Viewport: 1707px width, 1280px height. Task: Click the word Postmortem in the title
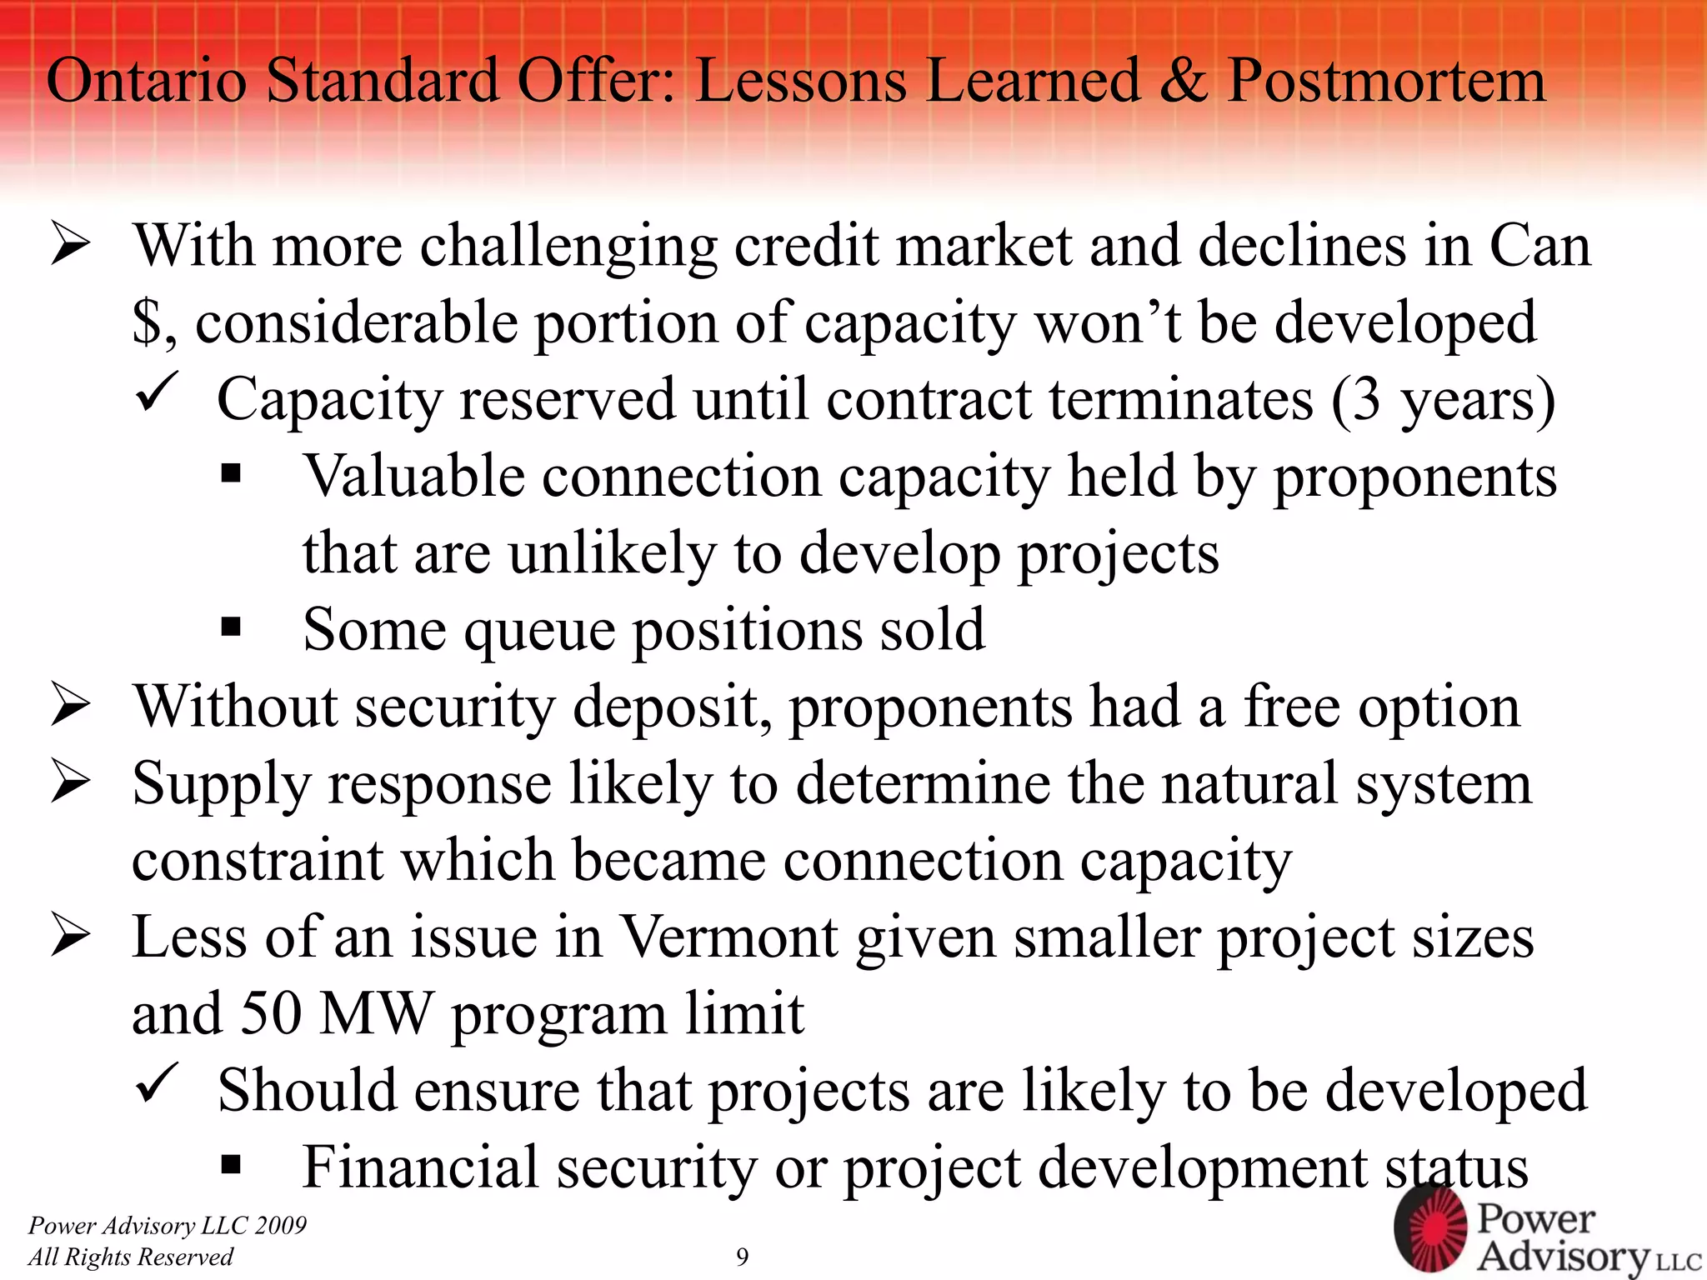[1386, 81]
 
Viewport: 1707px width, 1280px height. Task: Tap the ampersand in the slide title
[1183, 81]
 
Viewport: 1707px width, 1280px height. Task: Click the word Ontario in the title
[146, 81]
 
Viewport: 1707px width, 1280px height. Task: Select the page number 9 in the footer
[742, 1257]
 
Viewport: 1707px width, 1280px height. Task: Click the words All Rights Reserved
[130, 1257]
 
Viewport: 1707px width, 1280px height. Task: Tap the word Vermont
[729, 937]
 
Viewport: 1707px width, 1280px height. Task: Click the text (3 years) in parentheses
[1443, 400]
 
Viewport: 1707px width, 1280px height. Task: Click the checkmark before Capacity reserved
[155, 392]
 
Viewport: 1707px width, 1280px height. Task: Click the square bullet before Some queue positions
[231, 627]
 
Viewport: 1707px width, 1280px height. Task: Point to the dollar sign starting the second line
[147, 323]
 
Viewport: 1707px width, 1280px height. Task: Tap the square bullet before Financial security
[231, 1164]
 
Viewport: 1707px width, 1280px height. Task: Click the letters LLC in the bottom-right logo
[1678, 1261]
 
